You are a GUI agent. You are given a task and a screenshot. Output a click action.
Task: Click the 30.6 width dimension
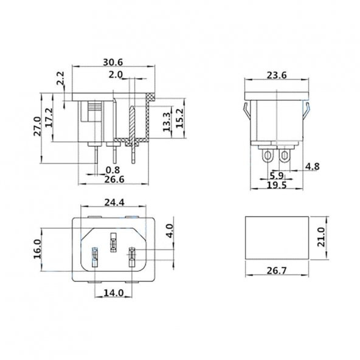pos(114,63)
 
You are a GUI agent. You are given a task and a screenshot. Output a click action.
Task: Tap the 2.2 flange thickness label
pos(60,80)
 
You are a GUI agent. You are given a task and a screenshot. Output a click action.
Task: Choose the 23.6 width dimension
pos(277,76)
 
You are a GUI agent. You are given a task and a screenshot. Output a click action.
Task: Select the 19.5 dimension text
pos(277,185)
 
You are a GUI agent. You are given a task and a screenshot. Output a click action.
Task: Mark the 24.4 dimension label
pos(114,202)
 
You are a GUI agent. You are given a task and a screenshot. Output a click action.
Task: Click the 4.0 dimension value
pos(170,230)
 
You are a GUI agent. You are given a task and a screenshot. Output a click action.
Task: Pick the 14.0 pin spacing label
pos(113,292)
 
